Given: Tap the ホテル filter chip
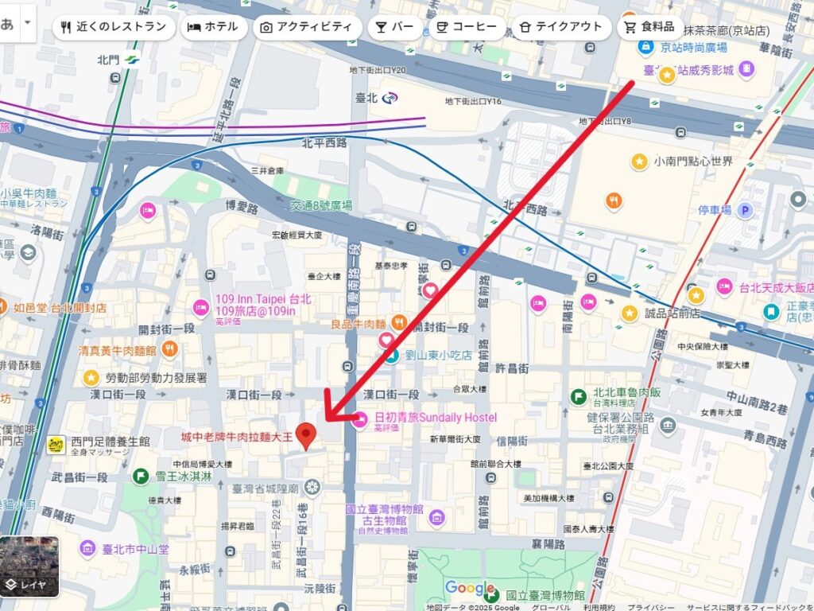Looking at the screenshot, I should (212, 26).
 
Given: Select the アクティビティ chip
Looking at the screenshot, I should (306, 26).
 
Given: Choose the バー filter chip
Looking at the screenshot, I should (395, 26).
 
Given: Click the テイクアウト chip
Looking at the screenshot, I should (560, 26).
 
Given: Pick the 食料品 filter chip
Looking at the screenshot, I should (649, 26).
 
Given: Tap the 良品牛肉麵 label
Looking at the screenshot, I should (359, 324).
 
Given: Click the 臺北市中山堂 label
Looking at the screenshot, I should (135, 548).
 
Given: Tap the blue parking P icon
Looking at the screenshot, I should (745, 210).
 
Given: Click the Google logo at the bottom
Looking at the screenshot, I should (470, 588).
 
